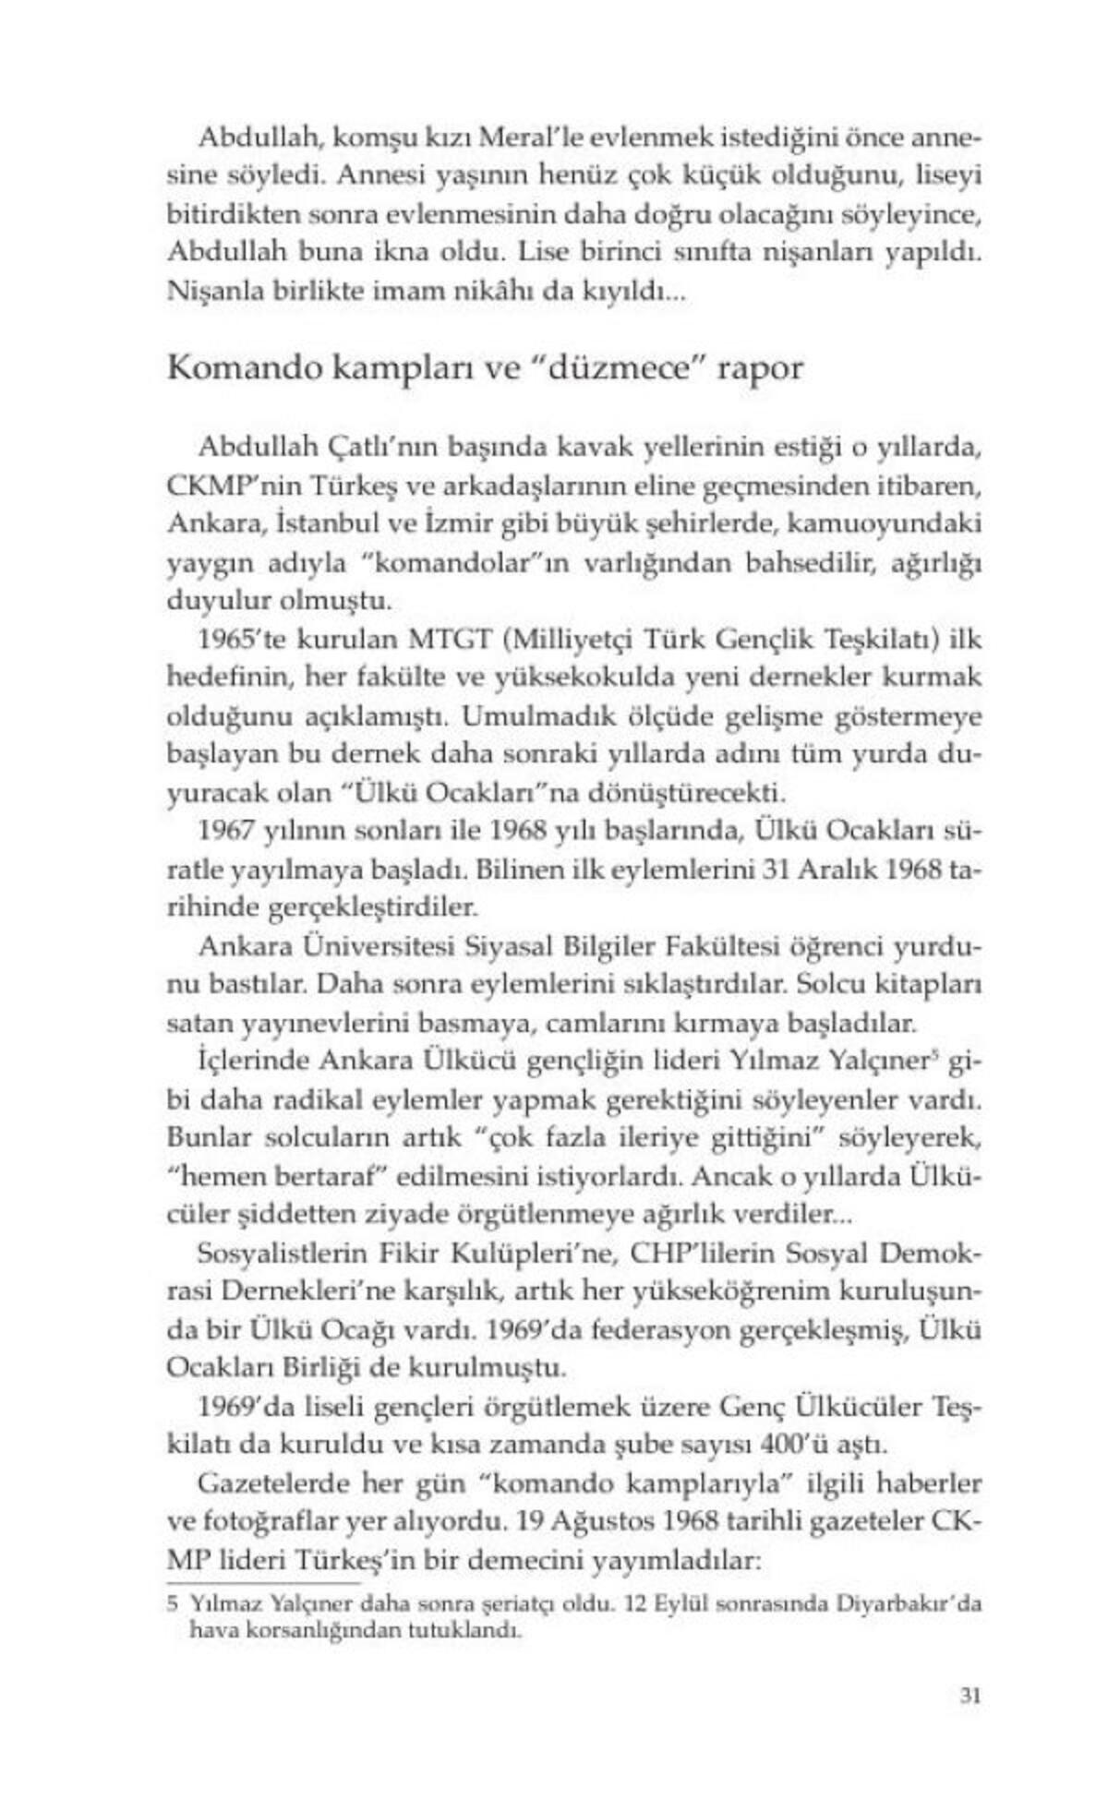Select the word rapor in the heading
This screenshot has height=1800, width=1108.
click(x=763, y=369)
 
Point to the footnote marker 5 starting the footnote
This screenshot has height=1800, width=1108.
click(x=173, y=1604)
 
